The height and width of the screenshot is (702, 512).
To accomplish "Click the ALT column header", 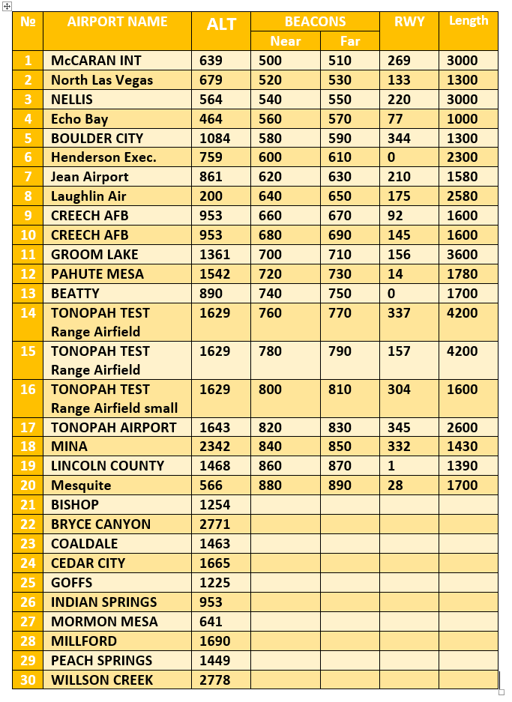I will [x=221, y=24].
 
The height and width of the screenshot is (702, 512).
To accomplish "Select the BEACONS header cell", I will [x=315, y=22].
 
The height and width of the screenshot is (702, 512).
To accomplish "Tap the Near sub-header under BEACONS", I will [x=285, y=41].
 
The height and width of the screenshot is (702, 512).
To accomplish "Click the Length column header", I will [x=468, y=21].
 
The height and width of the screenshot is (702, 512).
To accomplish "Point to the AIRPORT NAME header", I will [x=117, y=22].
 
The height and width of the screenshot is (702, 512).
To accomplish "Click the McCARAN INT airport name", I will [x=96, y=61].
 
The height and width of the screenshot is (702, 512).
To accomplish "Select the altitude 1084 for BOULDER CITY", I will [x=215, y=139].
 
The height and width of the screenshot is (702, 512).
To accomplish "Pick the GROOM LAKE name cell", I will [x=94, y=255].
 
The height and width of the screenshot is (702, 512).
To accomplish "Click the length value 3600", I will [x=462, y=255].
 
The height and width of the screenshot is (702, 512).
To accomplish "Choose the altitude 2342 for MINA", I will [x=215, y=447].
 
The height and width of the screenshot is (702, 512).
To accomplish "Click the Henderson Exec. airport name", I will [x=103, y=157].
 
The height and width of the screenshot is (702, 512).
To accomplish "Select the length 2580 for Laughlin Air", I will [x=462, y=196].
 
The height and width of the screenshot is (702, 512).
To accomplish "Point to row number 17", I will [x=28, y=428].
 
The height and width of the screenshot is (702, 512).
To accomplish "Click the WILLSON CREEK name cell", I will [x=102, y=680].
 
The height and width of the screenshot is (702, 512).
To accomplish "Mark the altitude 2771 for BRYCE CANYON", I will [x=215, y=524].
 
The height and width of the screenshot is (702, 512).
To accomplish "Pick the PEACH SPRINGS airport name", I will [x=101, y=661].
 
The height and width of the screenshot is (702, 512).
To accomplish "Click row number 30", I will [x=28, y=680].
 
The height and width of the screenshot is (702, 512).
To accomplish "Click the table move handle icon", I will [x=7, y=6].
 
